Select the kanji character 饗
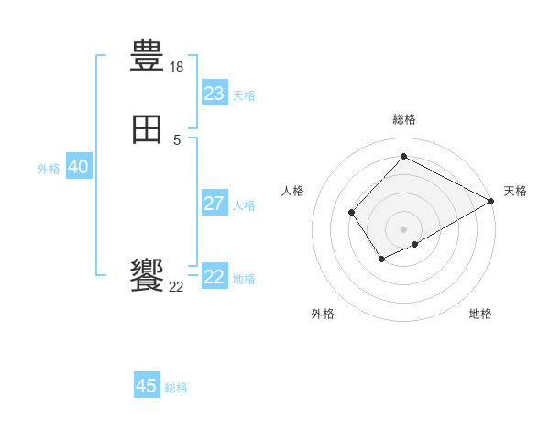coord(148,275)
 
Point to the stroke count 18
coord(177,67)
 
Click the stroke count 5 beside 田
coord(177,140)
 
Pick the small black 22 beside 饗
coord(177,287)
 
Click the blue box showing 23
coord(214,94)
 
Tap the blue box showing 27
coord(214,204)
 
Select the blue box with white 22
coord(214,277)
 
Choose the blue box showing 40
coord(78,167)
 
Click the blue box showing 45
coord(147,386)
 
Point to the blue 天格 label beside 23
coord(244,95)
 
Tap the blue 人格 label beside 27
coord(244,205)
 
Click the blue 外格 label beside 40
coord(49,169)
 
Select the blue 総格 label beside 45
coord(176,388)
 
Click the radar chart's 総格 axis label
coord(403,119)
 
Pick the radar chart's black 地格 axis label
coord(480,315)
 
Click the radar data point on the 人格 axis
coord(352,213)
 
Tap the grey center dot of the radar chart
coord(403,229)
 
